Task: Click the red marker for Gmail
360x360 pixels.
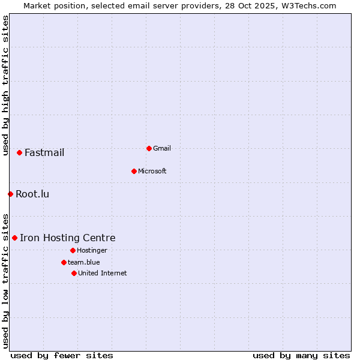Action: coord(149,148)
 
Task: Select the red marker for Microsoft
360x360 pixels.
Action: coord(134,171)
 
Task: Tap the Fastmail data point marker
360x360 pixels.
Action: coord(19,152)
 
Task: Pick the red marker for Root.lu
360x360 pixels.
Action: coord(10,194)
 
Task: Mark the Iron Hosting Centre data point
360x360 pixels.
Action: coord(14,238)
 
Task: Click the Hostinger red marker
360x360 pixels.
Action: coord(73,250)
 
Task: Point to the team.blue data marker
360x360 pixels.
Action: coord(64,262)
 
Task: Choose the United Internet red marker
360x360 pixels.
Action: coord(74,273)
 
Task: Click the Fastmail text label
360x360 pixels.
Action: coord(44,152)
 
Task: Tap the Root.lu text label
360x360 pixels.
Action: coord(32,194)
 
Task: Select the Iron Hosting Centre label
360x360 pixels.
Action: coord(67,238)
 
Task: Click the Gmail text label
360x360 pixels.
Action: coord(162,148)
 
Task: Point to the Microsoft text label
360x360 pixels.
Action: coord(152,171)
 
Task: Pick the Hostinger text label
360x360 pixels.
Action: coord(92,250)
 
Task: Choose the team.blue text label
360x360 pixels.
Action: coord(84,262)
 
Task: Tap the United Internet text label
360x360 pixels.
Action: coord(102,273)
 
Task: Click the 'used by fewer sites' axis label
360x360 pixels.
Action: coord(62,355)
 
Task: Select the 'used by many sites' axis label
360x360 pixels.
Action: coord(301,355)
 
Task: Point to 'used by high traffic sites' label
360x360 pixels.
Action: coord(5,85)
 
